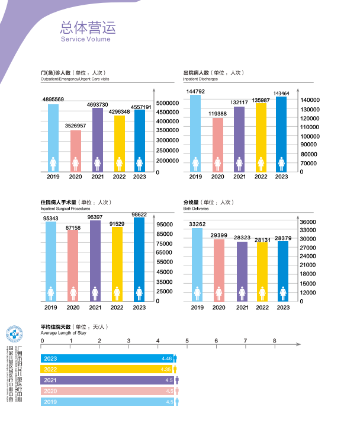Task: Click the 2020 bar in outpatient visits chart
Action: pyautogui.click(x=76, y=150)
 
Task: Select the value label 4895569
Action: pyautogui.click(x=53, y=99)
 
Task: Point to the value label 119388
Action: pyautogui.click(x=218, y=113)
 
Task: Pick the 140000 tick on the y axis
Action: pyautogui.click(x=310, y=100)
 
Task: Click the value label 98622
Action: pyautogui.click(x=139, y=214)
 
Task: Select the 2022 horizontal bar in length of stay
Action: pyautogui.click(x=107, y=369)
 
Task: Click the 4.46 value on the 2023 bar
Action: pyautogui.click(x=166, y=358)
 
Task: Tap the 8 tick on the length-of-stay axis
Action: pyautogui.click(x=274, y=340)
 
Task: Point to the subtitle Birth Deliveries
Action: pyautogui.click(x=195, y=209)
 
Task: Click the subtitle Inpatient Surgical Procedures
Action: pyautogui.click(x=65, y=209)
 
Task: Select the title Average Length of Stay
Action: pyautogui.click(x=63, y=333)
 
